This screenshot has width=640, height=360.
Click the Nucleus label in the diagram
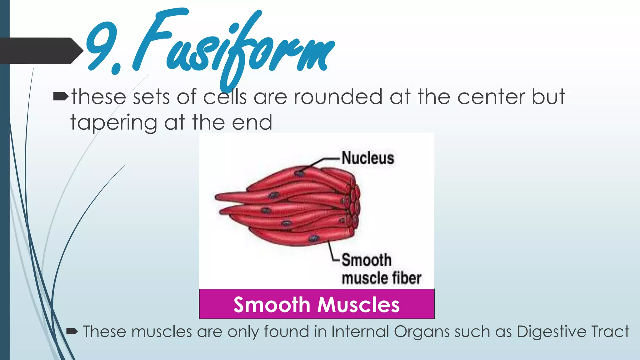click(367, 158)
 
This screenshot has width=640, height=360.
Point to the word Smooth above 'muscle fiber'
click(366, 260)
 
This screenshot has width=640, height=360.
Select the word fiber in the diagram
click(406, 278)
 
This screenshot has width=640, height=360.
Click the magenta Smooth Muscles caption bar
click(317, 304)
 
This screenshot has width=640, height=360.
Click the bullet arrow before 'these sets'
click(60, 97)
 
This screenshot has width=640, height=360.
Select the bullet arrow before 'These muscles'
click(72, 332)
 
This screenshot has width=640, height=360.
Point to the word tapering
click(113, 123)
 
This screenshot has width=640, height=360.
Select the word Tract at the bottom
click(610, 332)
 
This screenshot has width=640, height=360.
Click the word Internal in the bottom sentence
click(359, 332)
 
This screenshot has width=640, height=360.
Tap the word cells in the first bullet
click(225, 97)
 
